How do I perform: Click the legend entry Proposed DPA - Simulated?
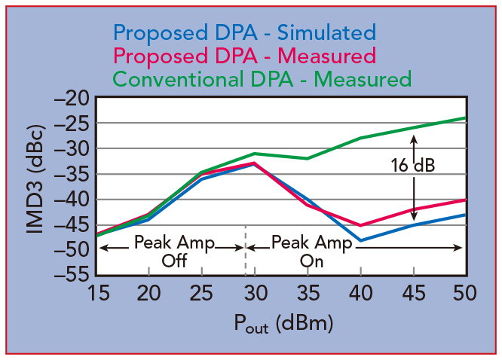[243, 32]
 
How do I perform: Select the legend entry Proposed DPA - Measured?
[243, 55]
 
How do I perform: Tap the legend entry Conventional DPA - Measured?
[262, 78]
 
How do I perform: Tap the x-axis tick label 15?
[96, 292]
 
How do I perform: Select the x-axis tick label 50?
[465, 292]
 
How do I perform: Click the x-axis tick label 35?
[307, 292]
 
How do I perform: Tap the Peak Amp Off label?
[174, 252]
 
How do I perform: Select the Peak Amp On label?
[311, 252]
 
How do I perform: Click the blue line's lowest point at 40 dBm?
[360, 240]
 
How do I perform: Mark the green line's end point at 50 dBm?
[465, 117]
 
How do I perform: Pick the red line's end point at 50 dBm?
[465, 200]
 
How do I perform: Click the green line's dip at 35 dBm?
[307, 158]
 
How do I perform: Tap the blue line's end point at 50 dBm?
[465, 215]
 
